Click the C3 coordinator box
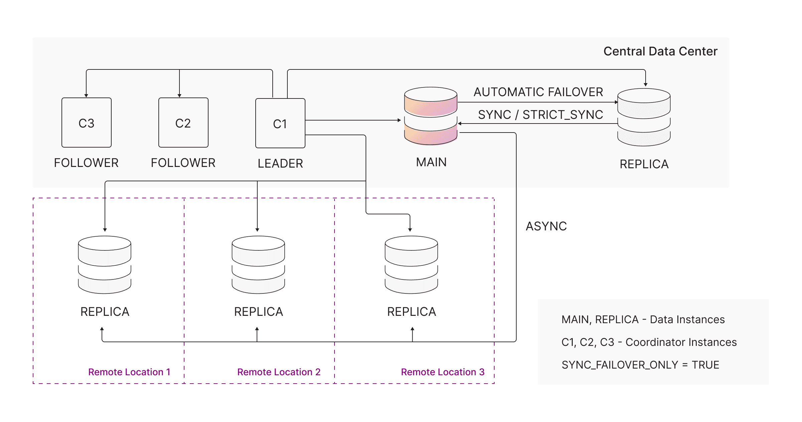click(x=87, y=123)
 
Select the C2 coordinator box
click(x=183, y=123)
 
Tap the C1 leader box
click(x=280, y=123)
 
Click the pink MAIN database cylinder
click(x=431, y=116)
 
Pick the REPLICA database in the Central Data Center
click(x=644, y=117)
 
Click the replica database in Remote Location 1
click(x=105, y=265)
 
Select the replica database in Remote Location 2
click(x=258, y=265)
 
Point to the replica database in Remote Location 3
click(x=411, y=265)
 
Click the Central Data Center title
click(x=660, y=51)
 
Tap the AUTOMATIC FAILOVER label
click(x=538, y=92)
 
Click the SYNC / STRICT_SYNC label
click(x=540, y=115)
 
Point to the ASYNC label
click(x=546, y=226)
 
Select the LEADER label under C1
click(x=280, y=164)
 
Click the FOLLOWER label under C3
click(x=86, y=163)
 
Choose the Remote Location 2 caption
click(x=279, y=372)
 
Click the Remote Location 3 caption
click(x=442, y=372)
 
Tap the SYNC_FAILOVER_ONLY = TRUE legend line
click(x=640, y=365)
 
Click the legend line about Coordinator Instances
click(x=649, y=342)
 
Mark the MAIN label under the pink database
click(x=431, y=162)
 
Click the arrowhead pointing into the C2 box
click(x=179, y=95)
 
